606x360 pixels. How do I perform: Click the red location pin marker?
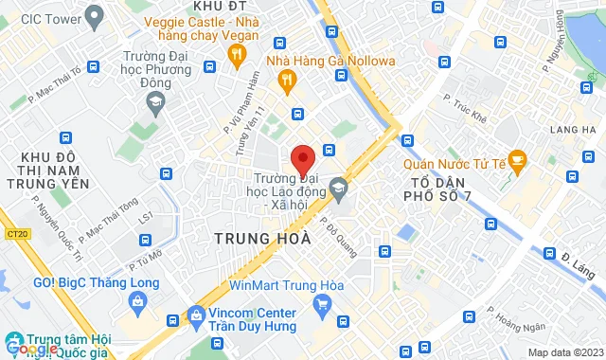(x=302, y=158)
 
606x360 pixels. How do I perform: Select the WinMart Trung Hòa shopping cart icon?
(x=322, y=304)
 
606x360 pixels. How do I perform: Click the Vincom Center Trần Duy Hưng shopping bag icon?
(x=195, y=314)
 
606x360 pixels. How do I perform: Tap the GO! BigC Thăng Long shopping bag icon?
(x=138, y=300)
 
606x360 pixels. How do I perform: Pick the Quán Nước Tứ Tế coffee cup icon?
(x=517, y=158)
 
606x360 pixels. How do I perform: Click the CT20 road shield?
(x=15, y=232)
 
